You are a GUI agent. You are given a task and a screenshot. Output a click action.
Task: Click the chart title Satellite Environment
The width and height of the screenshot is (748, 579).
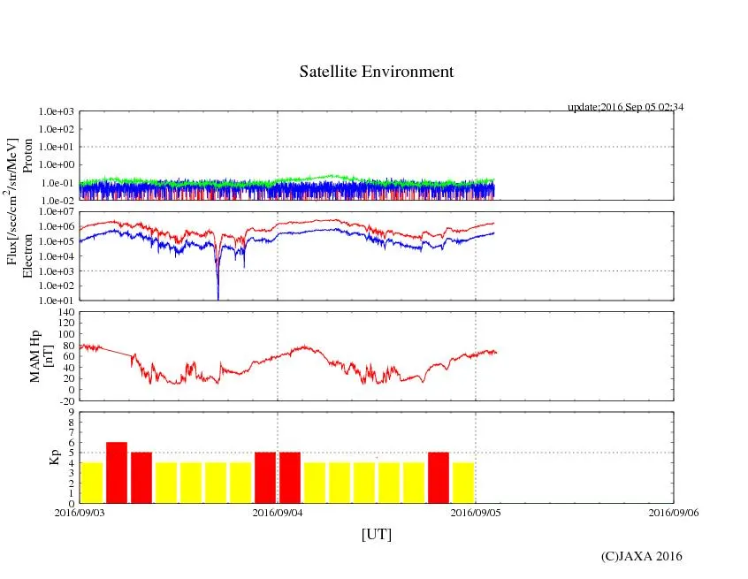pos(376,72)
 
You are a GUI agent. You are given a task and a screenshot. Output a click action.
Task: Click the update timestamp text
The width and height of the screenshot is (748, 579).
pos(626,107)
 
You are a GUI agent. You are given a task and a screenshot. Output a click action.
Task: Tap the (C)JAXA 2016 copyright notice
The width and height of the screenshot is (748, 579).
pos(641,556)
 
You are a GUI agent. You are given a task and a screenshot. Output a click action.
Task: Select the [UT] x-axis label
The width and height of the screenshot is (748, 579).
pos(376,534)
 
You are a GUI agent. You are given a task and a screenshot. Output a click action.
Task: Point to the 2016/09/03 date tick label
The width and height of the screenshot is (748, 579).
pos(80,512)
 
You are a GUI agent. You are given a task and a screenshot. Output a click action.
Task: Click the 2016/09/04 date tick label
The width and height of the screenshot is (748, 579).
pos(278,512)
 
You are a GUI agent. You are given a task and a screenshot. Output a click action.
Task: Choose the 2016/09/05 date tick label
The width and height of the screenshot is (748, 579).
pos(476,512)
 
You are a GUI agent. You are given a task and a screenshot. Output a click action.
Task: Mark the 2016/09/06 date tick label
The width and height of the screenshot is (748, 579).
pos(674,512)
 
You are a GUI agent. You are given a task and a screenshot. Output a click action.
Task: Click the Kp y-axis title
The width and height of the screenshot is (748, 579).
pos(55,457)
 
